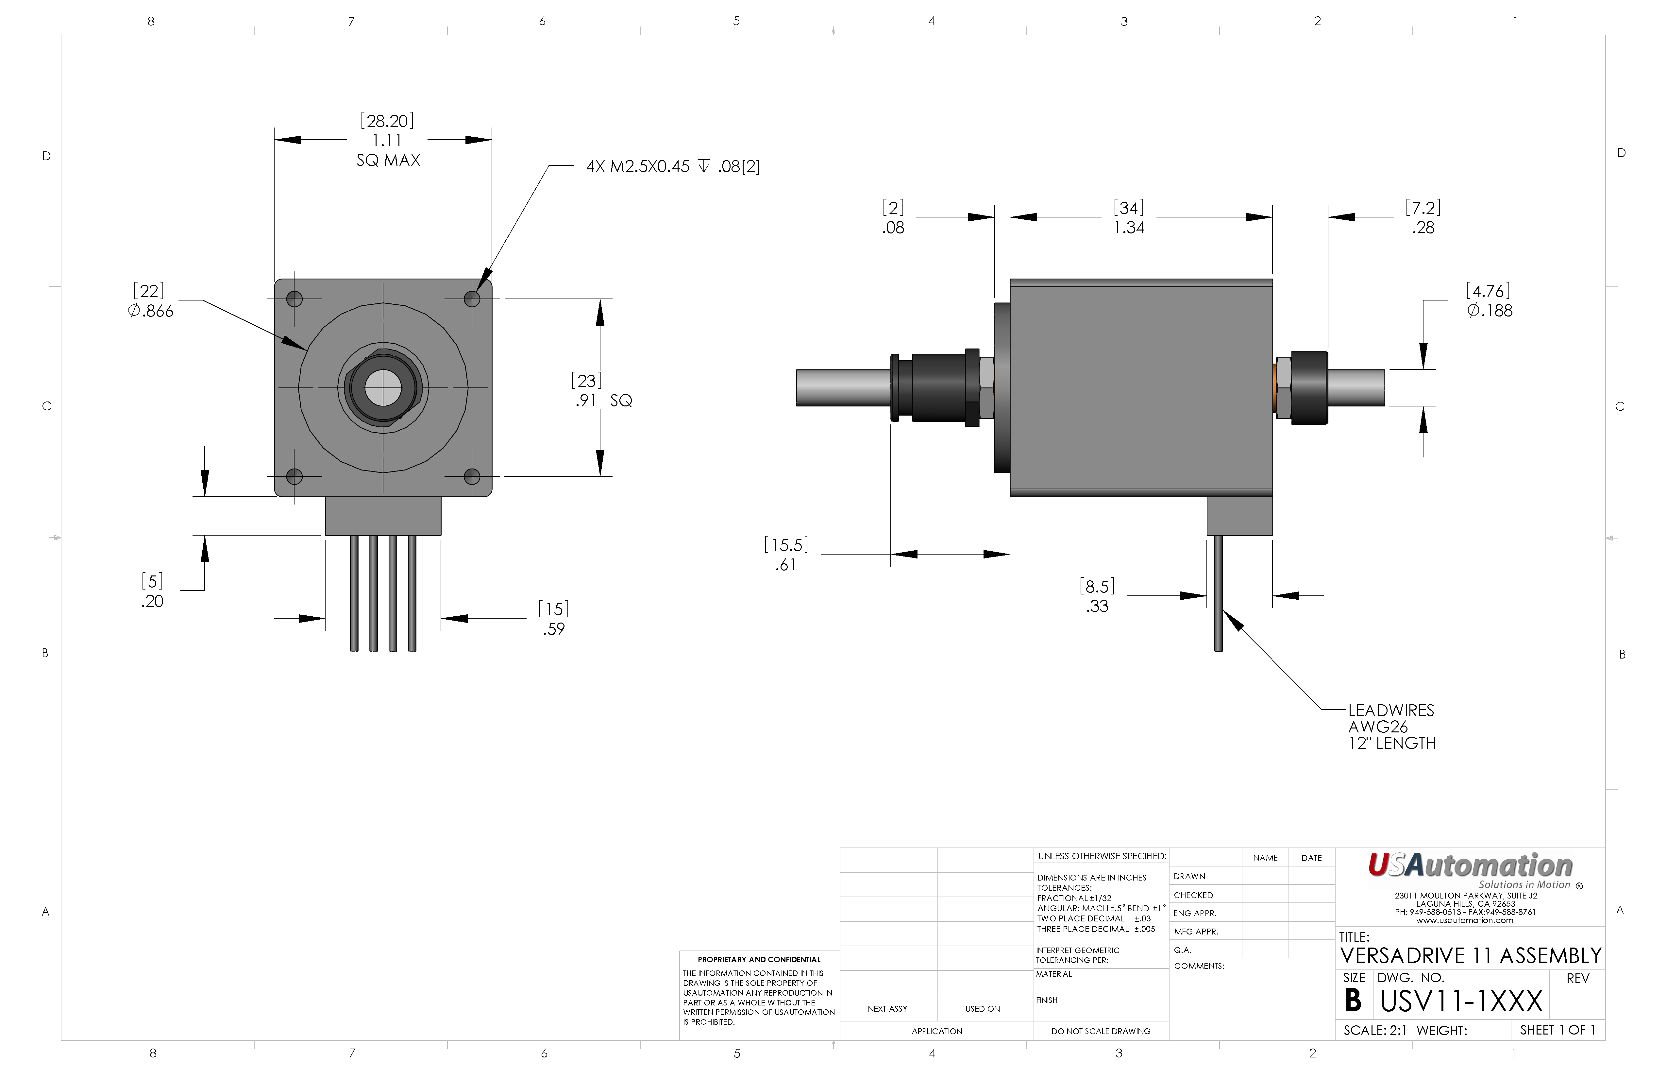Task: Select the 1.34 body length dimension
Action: click(1129, 228)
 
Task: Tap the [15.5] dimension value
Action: click(786, 545)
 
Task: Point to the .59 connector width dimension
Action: click(553, 629)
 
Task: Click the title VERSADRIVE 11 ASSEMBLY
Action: click(1471, 956)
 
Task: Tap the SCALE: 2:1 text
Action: click(1375, 1031)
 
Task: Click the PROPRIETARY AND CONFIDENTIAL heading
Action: click(759, 960)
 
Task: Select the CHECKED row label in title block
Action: click(1193, 896)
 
